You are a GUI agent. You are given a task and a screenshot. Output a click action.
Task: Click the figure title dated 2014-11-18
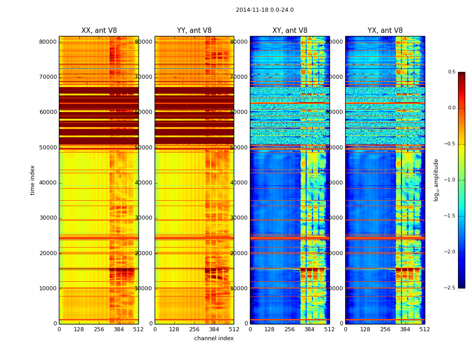click(x=264, y=10)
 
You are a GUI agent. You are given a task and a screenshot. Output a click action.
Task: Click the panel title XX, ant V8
click(x=99, y=31)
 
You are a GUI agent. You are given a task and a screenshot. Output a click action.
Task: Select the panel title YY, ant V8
click(x=194, y=31)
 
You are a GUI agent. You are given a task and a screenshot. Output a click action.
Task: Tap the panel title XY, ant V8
click(x=290, y=31)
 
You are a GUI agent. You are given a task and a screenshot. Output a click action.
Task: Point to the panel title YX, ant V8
click(x=385, y=31)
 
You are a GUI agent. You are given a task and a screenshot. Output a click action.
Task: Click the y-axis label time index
click(x=32, y=180)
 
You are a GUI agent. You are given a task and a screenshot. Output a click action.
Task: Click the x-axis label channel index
click(x=214, y=338)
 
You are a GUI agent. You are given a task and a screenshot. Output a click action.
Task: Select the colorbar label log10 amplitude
click(x=436, y=180)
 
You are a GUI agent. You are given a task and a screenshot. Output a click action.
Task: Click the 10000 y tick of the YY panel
click(x=144, y=288)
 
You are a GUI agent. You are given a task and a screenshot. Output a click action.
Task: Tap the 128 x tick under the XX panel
click(x=79, y=329)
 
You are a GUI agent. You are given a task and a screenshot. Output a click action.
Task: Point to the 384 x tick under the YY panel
click(x=214, y=329)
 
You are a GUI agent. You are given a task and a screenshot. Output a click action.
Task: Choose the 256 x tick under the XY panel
click(x=290, y=329)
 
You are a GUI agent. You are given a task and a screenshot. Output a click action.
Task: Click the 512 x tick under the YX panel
click(x=425, y=329)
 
